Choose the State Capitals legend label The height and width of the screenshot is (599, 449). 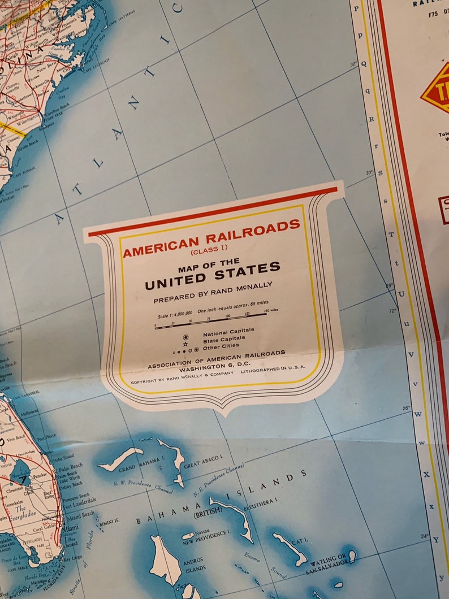[226, 338]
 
